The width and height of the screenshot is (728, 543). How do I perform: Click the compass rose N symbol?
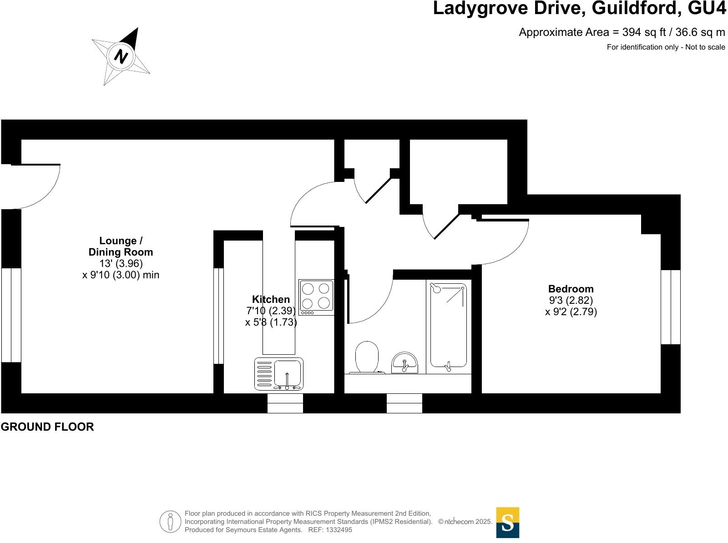(121, 56)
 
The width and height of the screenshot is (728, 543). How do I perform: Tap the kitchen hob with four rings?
(316, 297)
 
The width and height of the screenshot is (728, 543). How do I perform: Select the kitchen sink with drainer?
(278, 374)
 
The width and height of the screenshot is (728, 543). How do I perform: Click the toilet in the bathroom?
(367, 357)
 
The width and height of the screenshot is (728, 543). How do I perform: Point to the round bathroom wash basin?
(404, 362)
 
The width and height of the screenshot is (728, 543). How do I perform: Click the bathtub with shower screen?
(449, 325)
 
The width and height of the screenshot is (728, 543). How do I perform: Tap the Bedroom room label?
(571, 289)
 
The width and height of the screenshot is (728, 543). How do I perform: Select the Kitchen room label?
(271, 299)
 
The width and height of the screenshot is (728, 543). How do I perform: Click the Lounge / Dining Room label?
(121, 246)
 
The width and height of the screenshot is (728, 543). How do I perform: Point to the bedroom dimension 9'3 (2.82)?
(571, 300)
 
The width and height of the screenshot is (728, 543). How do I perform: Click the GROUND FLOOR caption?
(47, 427)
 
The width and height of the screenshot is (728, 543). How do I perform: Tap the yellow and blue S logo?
(507, 523)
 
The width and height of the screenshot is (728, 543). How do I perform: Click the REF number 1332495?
(336, 530)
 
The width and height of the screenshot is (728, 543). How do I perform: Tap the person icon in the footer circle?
(171, 521)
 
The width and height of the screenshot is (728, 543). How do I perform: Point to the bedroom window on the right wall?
(670, 307)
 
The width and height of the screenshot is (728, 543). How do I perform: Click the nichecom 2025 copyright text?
(465, 522)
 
